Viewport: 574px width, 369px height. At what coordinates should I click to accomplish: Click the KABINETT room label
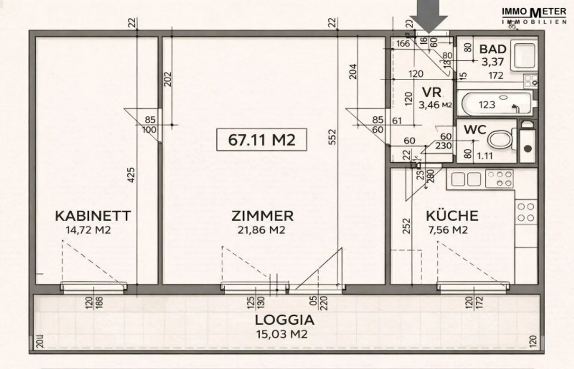[93, 216]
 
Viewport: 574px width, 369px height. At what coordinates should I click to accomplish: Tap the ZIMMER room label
[262, 216]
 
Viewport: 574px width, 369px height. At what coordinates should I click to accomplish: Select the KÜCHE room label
[452, 216]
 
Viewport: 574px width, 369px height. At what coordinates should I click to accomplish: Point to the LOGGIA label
[284, 320]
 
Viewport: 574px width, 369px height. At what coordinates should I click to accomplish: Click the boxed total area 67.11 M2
[262, 140]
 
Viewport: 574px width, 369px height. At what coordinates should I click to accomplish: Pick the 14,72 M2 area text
[88, 230]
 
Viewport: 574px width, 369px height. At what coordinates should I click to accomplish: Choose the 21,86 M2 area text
[261, 230]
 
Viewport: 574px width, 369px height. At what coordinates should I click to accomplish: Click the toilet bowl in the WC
[500, 140]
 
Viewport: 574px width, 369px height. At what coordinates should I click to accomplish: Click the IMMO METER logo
[534, 15]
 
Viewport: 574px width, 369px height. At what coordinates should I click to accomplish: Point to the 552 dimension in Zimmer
[333, 137]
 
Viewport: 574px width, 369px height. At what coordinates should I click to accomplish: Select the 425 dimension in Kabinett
[131, 175]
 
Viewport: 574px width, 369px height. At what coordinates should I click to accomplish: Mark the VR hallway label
[432, 92]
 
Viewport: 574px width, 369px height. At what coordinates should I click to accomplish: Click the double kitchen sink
[466, 179]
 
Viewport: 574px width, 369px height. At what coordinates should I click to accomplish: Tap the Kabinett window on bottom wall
[93, 287]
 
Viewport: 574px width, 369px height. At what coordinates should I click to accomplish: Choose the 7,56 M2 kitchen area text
[448, 230]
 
